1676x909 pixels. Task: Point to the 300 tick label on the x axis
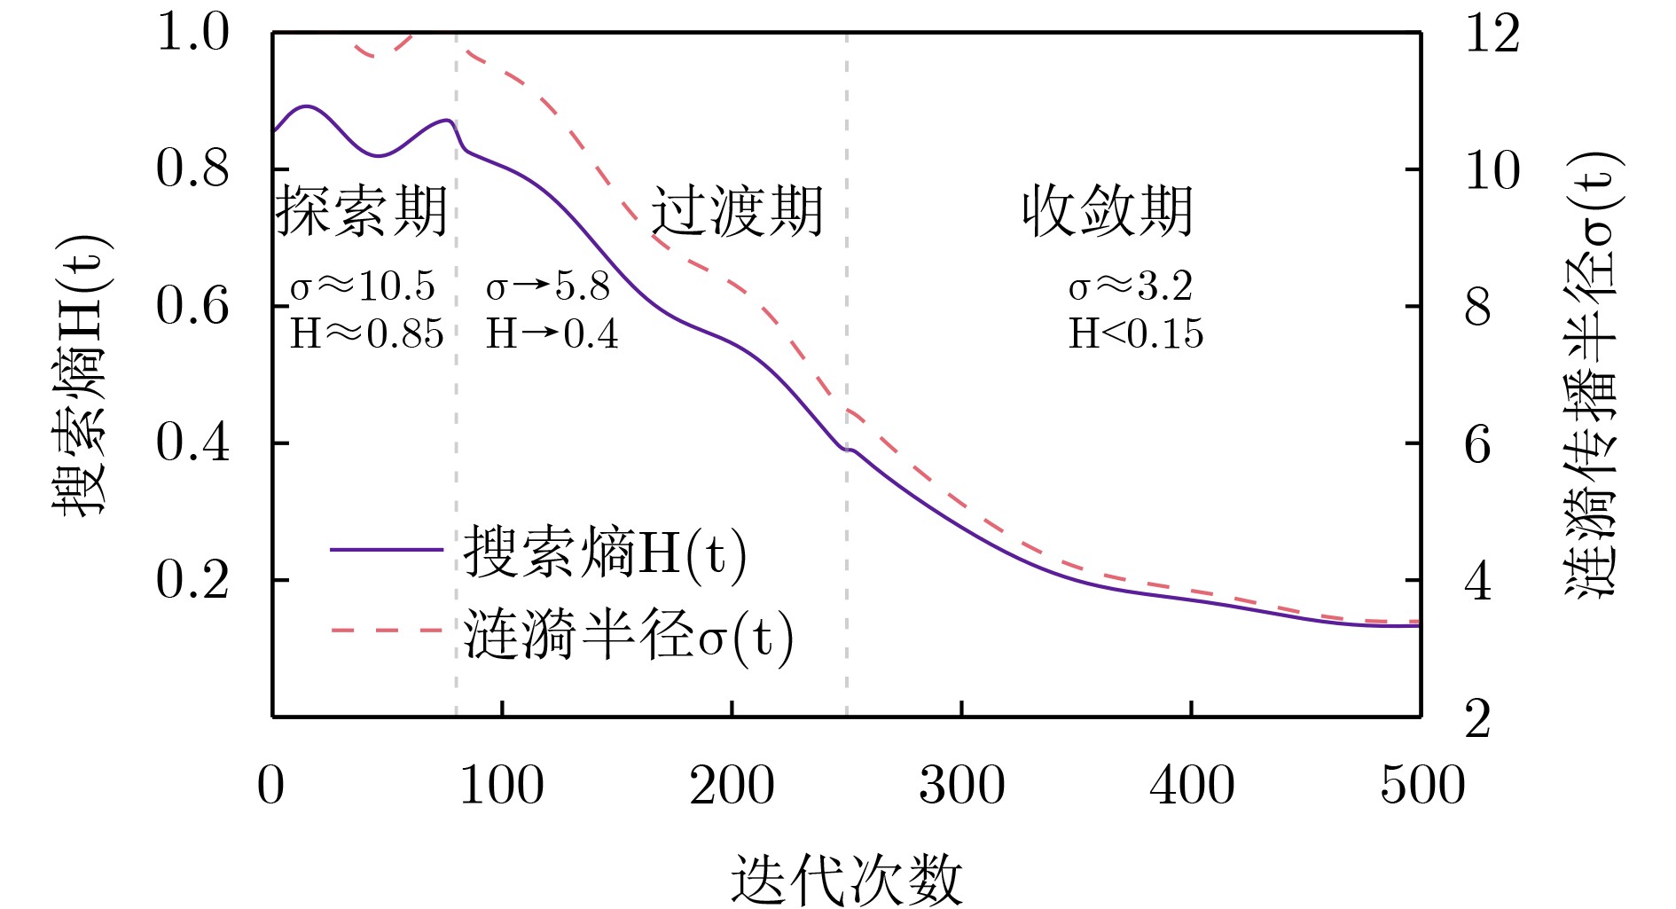click(x=961, y=786)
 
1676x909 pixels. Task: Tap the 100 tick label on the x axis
click(x=501, y=786)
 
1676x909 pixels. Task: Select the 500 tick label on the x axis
click(x=1421, y=786)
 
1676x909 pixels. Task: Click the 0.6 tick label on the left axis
click(x=192, y=306)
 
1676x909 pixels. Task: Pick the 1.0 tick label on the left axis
click(x=192, y=33)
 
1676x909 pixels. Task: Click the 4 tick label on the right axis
click(x=1478, y=583)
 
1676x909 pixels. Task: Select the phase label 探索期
click(x=361, y=212)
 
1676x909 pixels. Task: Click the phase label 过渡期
click(x=738, y=212)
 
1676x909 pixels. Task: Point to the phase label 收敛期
click(x=1107, y=212)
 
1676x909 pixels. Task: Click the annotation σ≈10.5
click(x=363, y=286)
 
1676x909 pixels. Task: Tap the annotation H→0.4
click(x=552, y=333)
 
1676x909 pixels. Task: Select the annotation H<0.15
click(x=1136, y=333)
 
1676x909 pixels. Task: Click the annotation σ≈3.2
click(x=1131, y=286)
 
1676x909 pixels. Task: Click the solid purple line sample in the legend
click(x=386, y=550)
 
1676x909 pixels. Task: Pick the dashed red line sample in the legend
click(x=386, y=631)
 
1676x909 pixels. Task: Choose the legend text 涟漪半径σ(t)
click(x=628, y=635)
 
